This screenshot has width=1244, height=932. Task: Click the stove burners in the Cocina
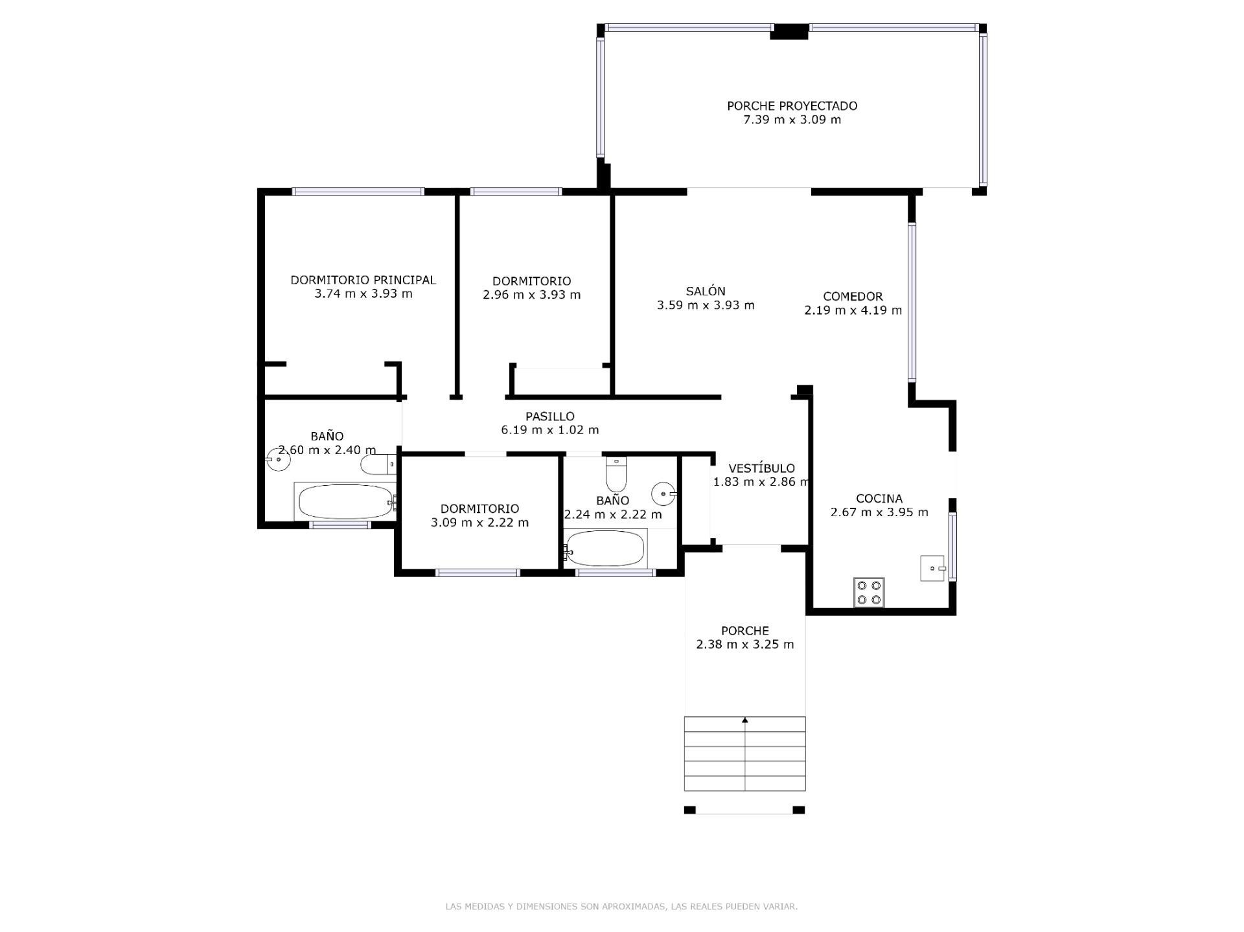click(x=868, y=592)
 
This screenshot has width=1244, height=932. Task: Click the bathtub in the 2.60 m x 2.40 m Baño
click(x=345, y=501)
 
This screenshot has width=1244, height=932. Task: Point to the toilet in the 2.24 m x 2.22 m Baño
click(x=616, y=475)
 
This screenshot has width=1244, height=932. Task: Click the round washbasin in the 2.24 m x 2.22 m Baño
click(x=663, y=494)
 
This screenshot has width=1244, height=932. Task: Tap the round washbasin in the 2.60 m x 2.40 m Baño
click(x=279, y=459)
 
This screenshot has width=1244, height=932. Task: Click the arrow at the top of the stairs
click(x=745, y=720)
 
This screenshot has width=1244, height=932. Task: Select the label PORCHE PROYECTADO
click(x=792, y=106)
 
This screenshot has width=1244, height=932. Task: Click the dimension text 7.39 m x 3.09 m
click(x=792, y=120)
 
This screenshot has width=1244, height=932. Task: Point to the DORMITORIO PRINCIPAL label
click(x=363, y=280)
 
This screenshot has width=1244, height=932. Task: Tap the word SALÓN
click(x=706, y=291)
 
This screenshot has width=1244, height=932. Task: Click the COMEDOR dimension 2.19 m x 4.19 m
click(x=853, y=310)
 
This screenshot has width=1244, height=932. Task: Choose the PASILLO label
click(x=549, y=416)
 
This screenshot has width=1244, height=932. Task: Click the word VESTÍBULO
click(x=761, y=468)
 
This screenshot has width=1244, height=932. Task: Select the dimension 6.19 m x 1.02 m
click(x=549, y=429)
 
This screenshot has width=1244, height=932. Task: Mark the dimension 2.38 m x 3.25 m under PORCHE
click(x=744, y=644)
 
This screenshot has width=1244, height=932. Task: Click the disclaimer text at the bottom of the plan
click(x=621, y=906)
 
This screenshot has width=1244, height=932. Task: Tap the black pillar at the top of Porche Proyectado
click(x=789, y=31)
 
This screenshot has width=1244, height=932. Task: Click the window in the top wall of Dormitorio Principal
click(x=358, y=192)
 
